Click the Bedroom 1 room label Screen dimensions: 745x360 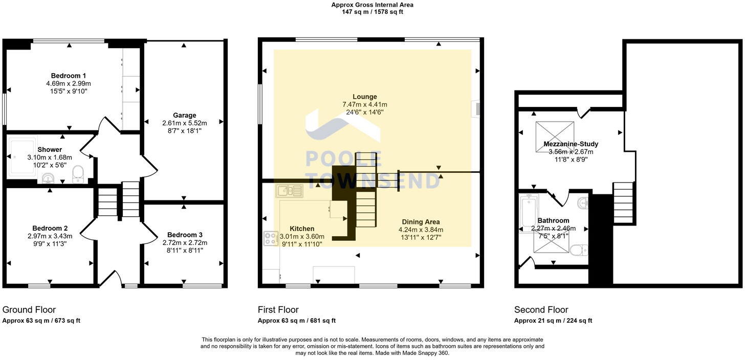tap(68, 76)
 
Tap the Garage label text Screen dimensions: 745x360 tap(184, 116)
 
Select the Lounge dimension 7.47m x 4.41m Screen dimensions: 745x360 tap(364, 104)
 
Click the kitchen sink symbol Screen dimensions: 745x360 tap(289, 191)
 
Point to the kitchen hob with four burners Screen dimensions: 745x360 tap(271, 238)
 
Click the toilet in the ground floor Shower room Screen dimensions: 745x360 tap(78, 174)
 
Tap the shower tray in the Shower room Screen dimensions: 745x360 tap(23, 156)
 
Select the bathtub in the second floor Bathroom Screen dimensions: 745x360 tap(529, 211)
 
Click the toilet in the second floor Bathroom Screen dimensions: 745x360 tap(579, 250)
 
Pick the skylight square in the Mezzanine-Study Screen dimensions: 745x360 tap(555, 137)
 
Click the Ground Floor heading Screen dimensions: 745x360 tap(29, 310)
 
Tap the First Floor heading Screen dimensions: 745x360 tap(278, 310)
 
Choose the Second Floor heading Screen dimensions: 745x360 tap(541, 310)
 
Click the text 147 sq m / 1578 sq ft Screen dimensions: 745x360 tap(372, 12)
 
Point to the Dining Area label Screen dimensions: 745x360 tap(421, 222)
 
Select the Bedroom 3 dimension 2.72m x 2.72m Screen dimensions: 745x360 tap(185, 243)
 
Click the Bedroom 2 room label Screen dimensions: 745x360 tap(50, 229)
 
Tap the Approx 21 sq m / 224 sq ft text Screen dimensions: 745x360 tap(553, 321)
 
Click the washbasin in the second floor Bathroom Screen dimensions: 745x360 tap(583, 203)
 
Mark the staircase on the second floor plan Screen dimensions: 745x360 tap(623, 203)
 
